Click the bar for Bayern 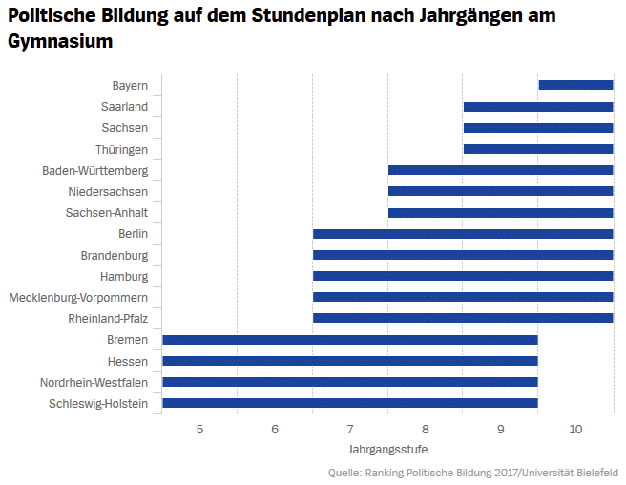[x=575, y=85]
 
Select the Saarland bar [x=537, y=106]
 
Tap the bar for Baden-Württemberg [x=500, y=170]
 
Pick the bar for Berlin [x=463, y=234]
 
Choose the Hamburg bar [x=463, y=276]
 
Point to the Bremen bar [x=350, y=340]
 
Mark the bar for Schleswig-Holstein [x=350, y=403]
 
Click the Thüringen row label [x=121, y=149]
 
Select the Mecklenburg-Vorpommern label [x=78, y=298]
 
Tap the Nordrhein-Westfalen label [x=94, y=382]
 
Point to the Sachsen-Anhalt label [x=107, y=213]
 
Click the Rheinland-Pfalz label [x=108, y=319]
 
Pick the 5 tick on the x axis [x=199, y=430]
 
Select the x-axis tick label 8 [x=425, y=430]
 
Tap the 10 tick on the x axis [x=575, y=430]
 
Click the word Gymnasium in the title [x=60, y=42]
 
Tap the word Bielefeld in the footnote [x=595, y=473]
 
